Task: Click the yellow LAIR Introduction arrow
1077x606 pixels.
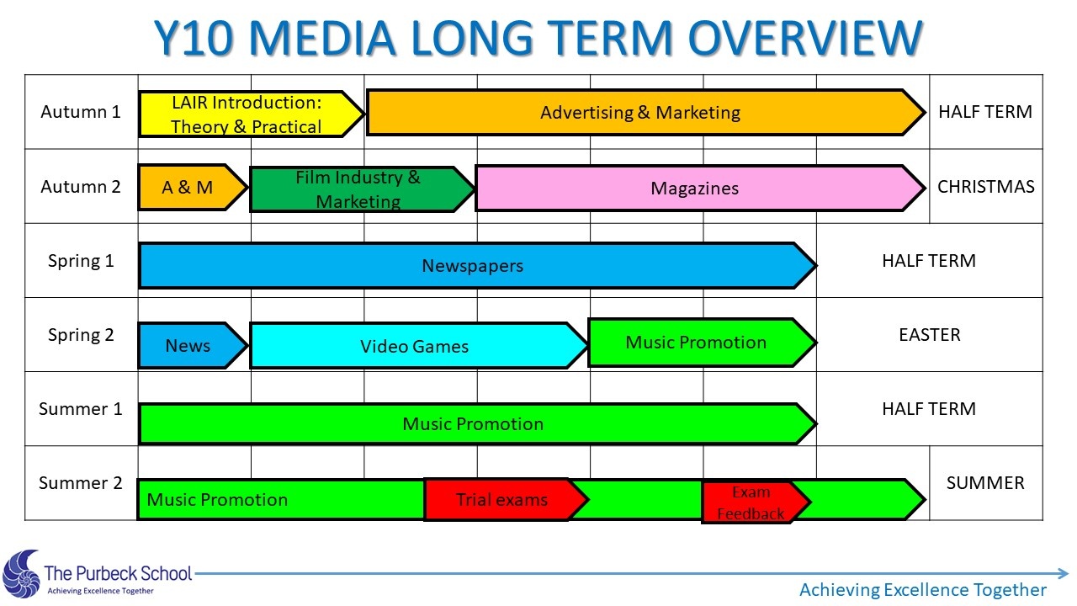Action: [251, 114]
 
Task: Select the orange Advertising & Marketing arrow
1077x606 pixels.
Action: [645, 113]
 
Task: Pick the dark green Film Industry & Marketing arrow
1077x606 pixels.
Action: [362, 189]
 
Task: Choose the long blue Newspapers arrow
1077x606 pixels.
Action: [477, 265]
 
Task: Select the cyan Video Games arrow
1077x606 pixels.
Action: [418, 346]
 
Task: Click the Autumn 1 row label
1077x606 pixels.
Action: [81, 112]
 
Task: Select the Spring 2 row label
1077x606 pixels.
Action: [81, 335]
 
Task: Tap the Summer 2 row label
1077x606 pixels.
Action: [81, 483]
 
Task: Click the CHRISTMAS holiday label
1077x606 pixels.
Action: [985, 187]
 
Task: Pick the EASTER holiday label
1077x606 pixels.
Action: [930, 335]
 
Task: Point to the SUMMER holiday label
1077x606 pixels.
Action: [985, 483]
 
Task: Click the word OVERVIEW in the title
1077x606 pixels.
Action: [805, 38]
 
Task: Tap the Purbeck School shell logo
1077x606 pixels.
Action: [21, 573]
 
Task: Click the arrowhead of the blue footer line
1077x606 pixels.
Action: [1063, 573]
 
